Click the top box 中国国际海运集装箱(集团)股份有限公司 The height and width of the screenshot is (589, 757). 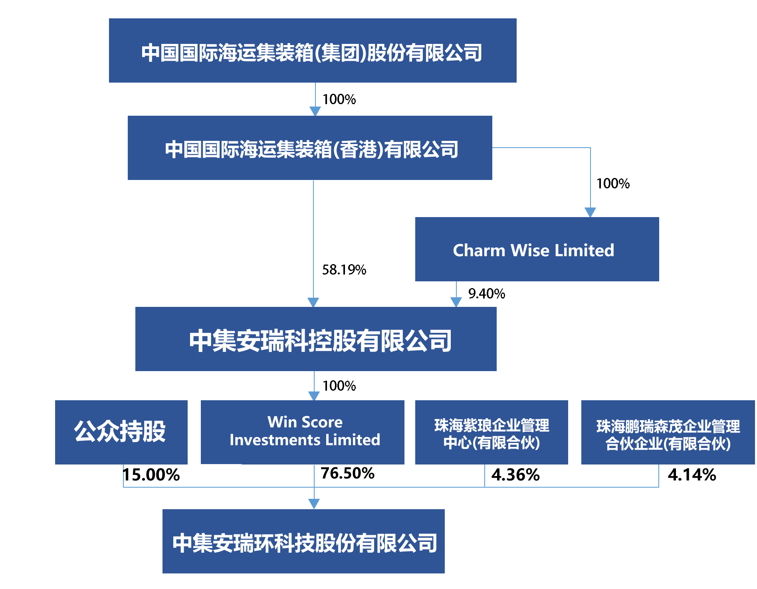pyautogui.click(x=313, y=51)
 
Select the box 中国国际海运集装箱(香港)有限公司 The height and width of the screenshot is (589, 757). pyautogui.click(x=310, y=148)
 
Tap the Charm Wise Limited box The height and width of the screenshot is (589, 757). pyautogui.click(x=537, y=249)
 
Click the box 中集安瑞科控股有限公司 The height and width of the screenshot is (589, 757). pyautogui.click(x=316, y=339)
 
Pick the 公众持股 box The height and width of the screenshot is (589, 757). pyautogui.click(x=121, y=432)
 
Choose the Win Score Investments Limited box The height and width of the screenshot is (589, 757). pyautogui.click(x=302, y=432)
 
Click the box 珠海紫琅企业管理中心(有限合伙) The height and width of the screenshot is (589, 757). pyautogui.click(x=491, y=433)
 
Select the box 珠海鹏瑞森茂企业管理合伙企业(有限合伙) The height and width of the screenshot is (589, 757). pyautogui.click(x=668, y=433)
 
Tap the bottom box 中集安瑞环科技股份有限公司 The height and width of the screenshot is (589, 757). pyautogui.click(x=303, y=542)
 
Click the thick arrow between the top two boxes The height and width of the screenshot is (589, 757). pyautogui.click(x=315, y=99)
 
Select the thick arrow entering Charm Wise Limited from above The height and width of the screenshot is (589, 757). pyautogui.click(x=590, y=200)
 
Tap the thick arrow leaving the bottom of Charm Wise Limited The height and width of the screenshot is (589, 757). pyautogui.click(x=456, y=294)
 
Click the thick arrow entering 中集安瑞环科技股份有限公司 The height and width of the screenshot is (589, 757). pyautogui.click(x=314, y=492)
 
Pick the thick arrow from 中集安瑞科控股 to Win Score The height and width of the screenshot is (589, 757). pyautogui.click(x=314, y=386)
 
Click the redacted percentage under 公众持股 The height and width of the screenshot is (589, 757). pyautogui.click(x=152, y=475)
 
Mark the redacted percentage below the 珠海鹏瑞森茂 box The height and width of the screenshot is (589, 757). pyautogui.click(x=692, y=475)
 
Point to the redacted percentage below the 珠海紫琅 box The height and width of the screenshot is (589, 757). pyautogui.click(x=515, y=475)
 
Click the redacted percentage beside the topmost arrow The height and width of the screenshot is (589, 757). pyautogui.click(x=339, y=99)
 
